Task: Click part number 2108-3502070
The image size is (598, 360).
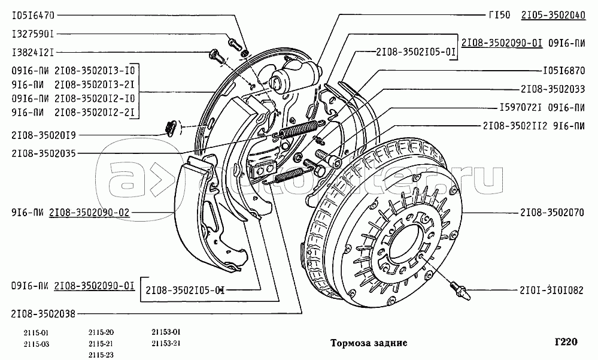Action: pyautogui.click(x=550, y=212)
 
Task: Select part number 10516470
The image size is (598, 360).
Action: pyautogui.click(x=32, y=14)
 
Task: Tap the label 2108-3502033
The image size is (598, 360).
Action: pyautogui.click(x=553, y=89)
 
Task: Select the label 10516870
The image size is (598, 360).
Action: pyautogui.click(x=563, y=69)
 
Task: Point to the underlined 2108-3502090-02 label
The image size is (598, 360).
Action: pyautogui.click(x=89, y=211)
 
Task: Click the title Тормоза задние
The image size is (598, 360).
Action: pyautogui.click(x=369, y=343)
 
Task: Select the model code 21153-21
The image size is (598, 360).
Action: pyautogui.click(x=166, y=343)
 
